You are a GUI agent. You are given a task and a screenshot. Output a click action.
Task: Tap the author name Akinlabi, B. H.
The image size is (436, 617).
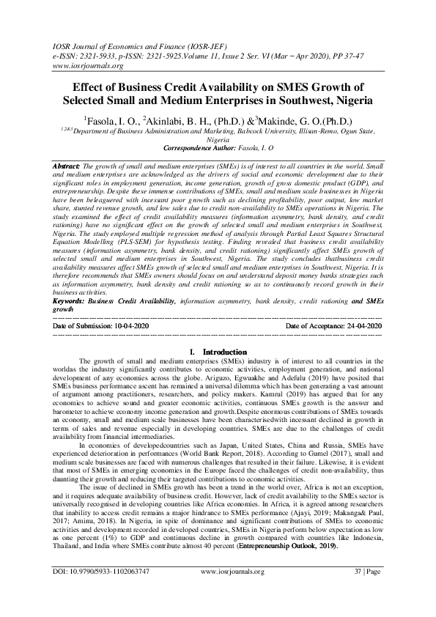point(177,119)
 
